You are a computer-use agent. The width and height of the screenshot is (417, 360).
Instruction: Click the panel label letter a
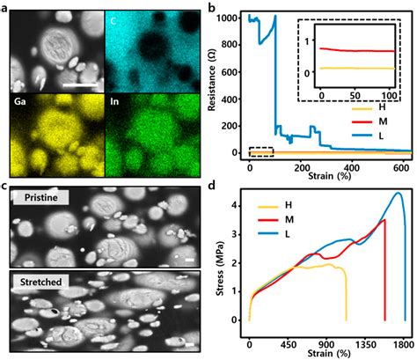click(x=6, y=7)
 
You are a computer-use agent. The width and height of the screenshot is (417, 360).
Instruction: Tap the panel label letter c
click(x=6, y=186)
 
